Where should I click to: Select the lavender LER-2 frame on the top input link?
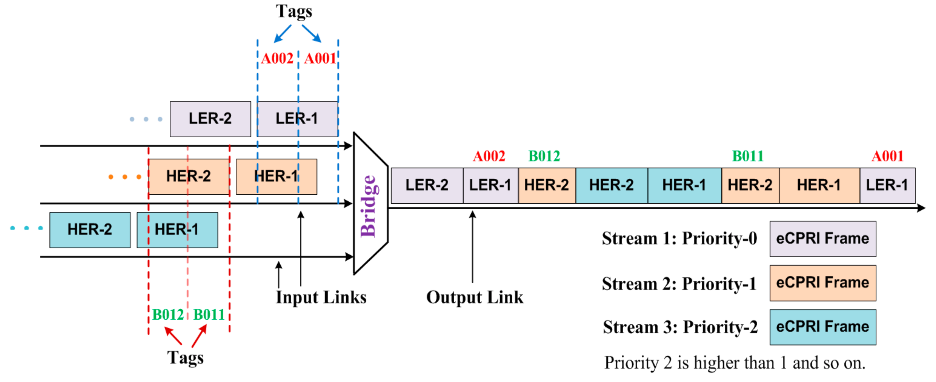(x=210, y=119)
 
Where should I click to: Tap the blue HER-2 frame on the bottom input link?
(x=90, y=230)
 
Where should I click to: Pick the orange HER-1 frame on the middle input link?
(x=276, y=177)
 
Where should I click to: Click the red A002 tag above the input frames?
(x=277, y=58)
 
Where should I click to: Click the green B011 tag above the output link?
(x=748, y=156)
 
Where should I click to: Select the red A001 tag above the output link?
(x=887, y=156)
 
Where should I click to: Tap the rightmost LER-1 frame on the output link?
(x=887, y=185)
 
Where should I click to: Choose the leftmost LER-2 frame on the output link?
(x=427, y=185)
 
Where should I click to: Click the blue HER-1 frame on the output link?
(x=684, y=185)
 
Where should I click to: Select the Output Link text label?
(x=474, y=297)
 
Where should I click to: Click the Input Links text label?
(x=321, y=297)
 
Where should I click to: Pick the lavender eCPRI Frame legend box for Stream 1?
(x=822, y=239)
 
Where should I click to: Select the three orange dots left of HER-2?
(x=125, y=177)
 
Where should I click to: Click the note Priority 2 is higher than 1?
(x=734, y=363)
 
